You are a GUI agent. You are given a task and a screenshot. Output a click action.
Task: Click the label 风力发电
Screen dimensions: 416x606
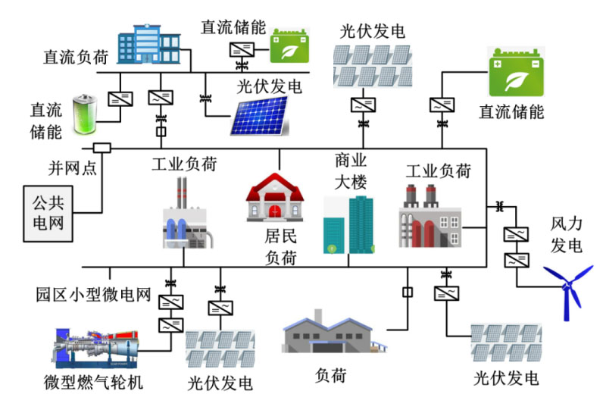coord(567,235)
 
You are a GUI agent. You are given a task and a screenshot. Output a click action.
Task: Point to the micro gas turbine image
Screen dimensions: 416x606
coord(99,351)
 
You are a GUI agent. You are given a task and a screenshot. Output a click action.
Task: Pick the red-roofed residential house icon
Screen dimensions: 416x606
coord(274,199)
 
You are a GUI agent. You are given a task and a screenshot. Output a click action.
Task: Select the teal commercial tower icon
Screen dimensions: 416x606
coord(348,224)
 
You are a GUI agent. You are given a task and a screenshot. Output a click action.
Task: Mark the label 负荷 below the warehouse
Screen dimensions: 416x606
coord(334,375)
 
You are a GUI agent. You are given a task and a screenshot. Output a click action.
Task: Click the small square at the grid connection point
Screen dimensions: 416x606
coord(102,147)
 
